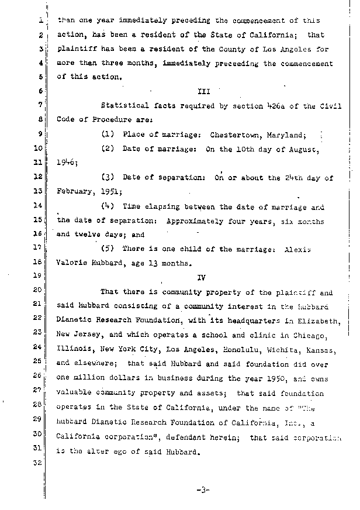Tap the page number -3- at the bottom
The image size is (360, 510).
pyautogui.click(x=203, y=490)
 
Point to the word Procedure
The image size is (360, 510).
pyautogui.click(x=112, y=120)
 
